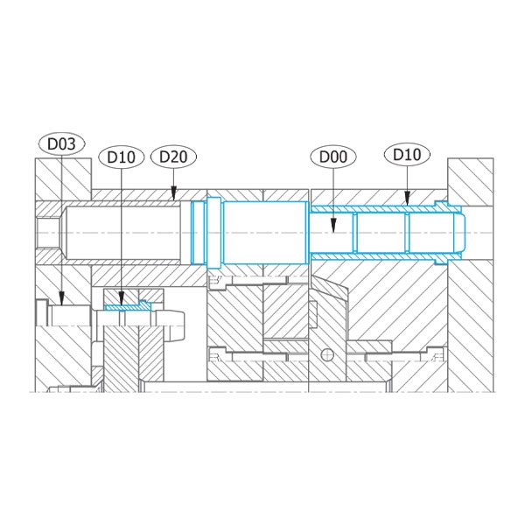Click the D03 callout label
tap(61, 144)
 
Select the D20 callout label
tap(173, 157)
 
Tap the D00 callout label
tap(333, 157)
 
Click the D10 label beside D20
tap(122, 157)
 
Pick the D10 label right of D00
tap(407, 155)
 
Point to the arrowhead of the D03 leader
tap(61, 298)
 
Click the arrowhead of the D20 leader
tap(173, 193)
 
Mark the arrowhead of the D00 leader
tap(333, 225)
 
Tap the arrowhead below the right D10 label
tap(407, 199)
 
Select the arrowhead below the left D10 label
tap(122, 298)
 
